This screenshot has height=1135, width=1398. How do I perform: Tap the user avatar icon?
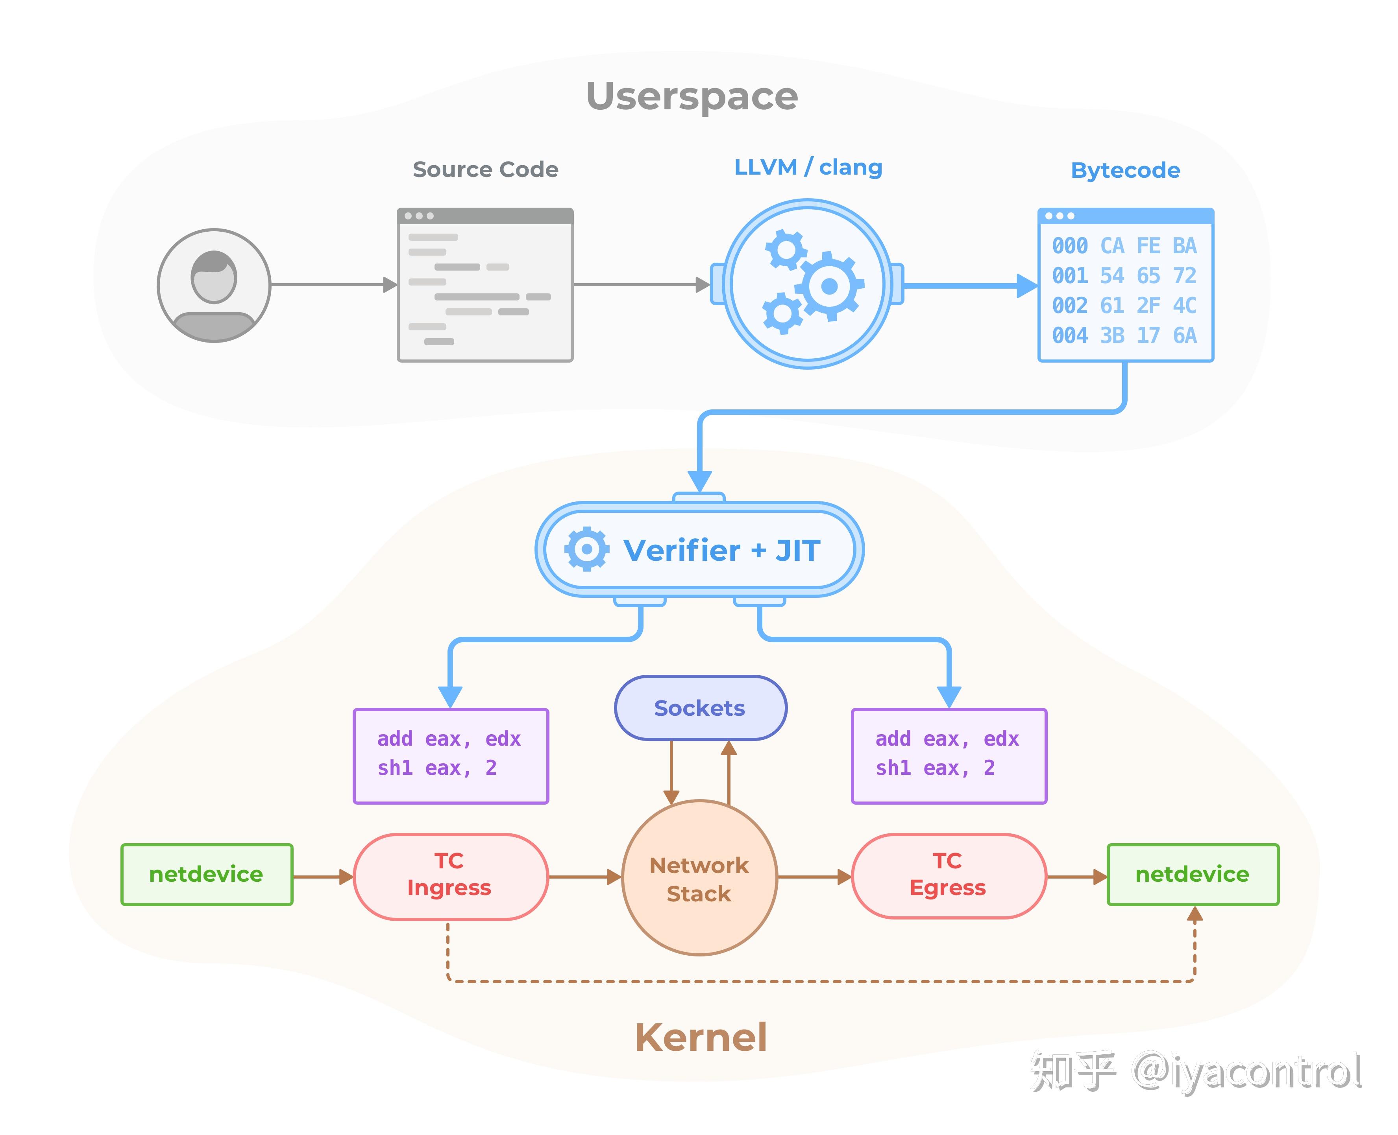(214, 285)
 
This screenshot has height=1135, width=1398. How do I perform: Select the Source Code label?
(485, 170)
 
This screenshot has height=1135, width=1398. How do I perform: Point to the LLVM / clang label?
(808, 168)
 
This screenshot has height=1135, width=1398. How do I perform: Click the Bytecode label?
(1125, 170)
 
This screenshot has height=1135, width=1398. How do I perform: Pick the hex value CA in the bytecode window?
(1112, 246)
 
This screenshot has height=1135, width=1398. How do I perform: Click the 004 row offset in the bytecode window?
(1070, 335)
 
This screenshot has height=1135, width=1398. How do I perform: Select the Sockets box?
(700, 708)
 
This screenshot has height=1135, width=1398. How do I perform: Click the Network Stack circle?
(699, 878)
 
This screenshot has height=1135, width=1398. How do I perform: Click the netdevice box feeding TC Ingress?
(207, 874)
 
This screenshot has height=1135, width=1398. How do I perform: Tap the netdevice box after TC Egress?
(1192, 874)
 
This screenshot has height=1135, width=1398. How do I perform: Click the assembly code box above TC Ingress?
(451, 755)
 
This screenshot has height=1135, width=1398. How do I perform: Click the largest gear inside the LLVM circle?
(829, 286)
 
